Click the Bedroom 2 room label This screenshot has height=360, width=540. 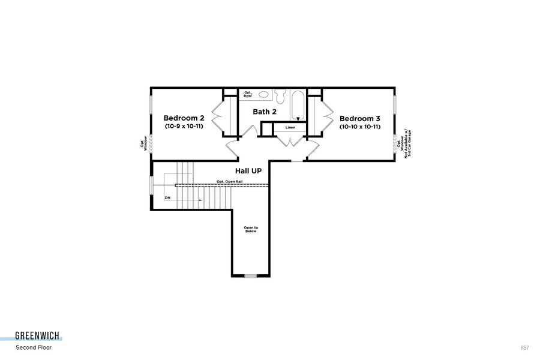tap(184, 118)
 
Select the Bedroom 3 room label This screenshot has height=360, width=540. tap(360, 118)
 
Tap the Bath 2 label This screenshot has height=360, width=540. tap(264, 112)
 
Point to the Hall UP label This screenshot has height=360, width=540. tap(248, 171)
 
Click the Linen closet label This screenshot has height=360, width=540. tap(290, 128)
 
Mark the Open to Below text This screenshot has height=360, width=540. tap(250, 229)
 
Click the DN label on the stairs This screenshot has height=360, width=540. tap(168, 197)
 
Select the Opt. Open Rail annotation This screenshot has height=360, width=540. tap(230, 181)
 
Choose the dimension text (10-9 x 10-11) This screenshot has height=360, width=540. tap(184, 127)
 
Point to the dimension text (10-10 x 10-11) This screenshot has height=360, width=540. tap(360, 127)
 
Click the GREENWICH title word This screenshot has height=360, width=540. tap(38, 337)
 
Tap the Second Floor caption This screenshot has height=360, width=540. tap(34, 347)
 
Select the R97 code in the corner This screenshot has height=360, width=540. tap(526, 347)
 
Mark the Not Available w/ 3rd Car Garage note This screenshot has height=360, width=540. tap(408, 143)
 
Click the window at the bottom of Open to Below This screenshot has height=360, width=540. tap(250, 276)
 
